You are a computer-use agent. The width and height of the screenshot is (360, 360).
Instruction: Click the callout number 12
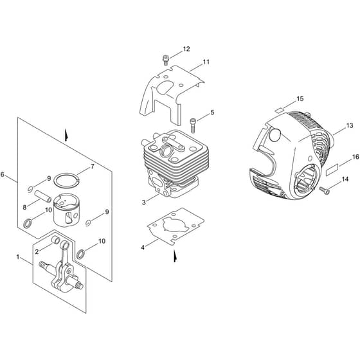(x=186, y=49)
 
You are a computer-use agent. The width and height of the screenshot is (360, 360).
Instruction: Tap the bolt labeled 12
(x=165, y=60)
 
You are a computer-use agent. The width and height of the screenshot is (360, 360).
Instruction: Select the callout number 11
(x=206, y=62)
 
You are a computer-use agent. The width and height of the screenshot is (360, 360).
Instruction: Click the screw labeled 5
(x=193, y=125)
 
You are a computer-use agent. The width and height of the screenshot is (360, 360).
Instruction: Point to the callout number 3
(x=144, y=203)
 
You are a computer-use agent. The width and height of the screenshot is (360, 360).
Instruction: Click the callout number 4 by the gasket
(x=143, y=248)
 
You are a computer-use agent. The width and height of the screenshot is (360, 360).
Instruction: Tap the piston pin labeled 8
(x=43, y=196)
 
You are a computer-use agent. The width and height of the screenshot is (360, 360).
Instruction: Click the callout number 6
(x=2, y=174)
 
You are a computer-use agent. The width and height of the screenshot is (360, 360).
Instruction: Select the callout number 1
(x=18, y=256)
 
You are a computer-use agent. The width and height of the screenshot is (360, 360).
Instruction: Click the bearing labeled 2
(x=55, y=240)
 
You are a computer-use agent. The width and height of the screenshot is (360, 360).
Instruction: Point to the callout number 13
(x=350, y=125)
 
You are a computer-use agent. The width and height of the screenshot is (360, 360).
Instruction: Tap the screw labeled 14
(x=325, y=190)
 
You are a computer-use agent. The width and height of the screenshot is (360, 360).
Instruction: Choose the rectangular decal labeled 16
(x=332, y=171)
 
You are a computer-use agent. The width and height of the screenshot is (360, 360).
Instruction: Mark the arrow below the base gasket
(x=175, y=256)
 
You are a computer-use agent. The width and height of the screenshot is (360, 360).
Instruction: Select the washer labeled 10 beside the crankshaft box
(x=80, y=254)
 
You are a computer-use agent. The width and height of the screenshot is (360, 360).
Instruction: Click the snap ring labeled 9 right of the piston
(x=88, y=222)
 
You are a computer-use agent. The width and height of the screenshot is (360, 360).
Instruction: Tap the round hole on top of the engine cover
(x=275, y=136)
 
